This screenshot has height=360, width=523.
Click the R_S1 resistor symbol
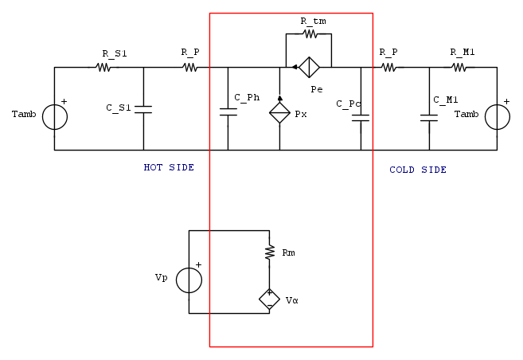(104, 68)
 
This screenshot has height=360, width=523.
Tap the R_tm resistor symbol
(310, 34)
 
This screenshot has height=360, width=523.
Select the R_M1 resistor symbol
(459, 68)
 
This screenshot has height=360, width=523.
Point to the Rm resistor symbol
(269, 252)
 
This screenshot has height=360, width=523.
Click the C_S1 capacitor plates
(143, 108)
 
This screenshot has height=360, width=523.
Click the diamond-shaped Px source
(279, 113)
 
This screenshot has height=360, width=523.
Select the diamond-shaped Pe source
(309, 67)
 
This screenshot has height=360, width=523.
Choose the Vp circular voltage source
(189, 280)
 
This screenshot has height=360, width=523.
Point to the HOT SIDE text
(169, 167)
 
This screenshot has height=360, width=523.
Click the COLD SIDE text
(418, 170)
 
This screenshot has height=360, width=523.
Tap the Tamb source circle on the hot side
(54, 117)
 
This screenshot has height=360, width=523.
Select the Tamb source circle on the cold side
(497, 117)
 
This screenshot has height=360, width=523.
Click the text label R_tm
(314, 20)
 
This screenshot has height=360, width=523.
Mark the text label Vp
(162, 278)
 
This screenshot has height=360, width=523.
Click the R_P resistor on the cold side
(388, 68)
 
